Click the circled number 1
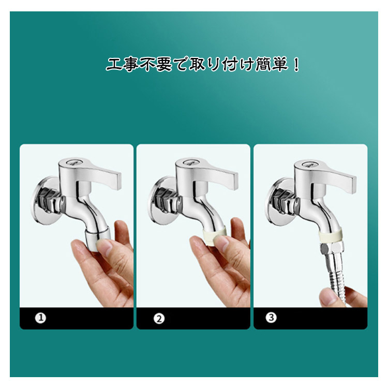40,318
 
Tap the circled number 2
159,319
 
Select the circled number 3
271,317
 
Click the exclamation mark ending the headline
296,65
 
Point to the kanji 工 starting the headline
114,65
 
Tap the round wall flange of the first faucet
46,201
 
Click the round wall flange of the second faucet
162,201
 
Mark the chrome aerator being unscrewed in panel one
98,237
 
